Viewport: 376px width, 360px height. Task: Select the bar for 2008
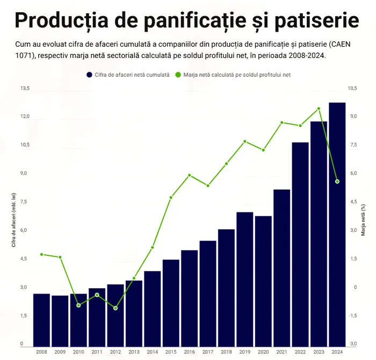click(41, 319)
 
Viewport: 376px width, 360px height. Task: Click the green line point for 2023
click(319, 108)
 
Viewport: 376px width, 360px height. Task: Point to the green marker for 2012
click(115, 308)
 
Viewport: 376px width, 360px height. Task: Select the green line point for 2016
click(190, 175)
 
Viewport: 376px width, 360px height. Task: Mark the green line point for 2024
click(337, 181)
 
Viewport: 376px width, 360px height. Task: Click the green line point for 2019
click(245, 142)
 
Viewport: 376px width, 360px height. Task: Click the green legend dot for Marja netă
click(178, 75)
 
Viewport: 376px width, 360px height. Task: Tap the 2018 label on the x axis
click(226, 352)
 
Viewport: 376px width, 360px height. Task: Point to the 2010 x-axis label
click(78, 352)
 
